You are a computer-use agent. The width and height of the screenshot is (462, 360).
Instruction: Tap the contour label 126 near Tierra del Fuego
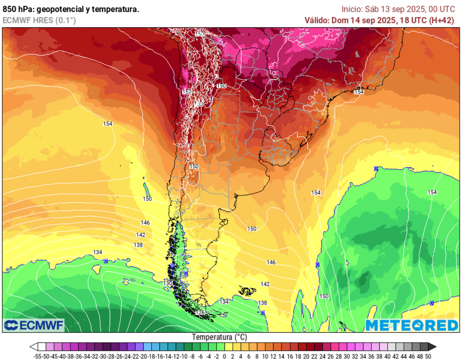201,312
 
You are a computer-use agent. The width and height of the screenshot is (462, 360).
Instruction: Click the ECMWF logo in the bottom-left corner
34,325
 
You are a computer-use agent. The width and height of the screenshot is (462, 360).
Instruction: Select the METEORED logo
411,325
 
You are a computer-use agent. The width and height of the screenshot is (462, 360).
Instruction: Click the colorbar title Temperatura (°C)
220,337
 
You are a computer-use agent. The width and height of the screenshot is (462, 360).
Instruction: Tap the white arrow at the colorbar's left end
33,347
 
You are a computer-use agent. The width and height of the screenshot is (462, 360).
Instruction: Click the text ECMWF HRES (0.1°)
39,20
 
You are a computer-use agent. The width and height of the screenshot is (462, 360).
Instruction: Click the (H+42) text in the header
441,20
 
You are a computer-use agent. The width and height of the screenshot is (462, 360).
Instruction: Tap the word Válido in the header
317,20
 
